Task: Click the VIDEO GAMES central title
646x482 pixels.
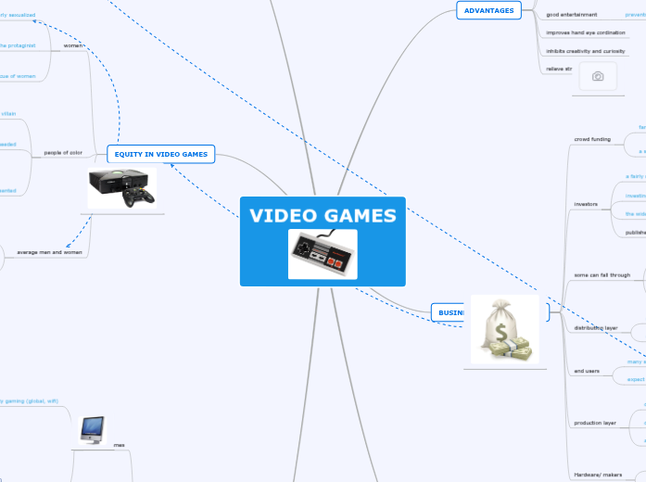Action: coord(323,216)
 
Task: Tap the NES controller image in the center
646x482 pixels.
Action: coord(322,253)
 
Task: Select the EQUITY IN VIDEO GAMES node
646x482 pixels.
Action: coord(161,153)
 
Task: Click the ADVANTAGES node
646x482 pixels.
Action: coord(488,10)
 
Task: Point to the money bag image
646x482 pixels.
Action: coord(504,330)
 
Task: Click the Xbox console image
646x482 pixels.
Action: coord(122,188)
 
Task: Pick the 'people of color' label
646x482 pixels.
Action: coord(63,153)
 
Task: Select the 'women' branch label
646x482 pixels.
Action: coord(73,44)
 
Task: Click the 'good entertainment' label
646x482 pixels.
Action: coord(572,15)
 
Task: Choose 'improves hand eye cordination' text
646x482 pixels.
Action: coord(586,32)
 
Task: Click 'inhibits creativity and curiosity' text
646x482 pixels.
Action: coord(586,51)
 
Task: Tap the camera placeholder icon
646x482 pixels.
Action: coord(598,77)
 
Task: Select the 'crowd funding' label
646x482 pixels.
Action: coord(592,139)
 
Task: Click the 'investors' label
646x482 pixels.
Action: coord(587,203)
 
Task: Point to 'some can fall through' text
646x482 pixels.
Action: coord(602,274)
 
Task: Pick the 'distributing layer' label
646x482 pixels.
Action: coord(596,327)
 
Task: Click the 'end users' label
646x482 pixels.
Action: coord(588,371)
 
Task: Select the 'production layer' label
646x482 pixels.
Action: coord(595,422)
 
